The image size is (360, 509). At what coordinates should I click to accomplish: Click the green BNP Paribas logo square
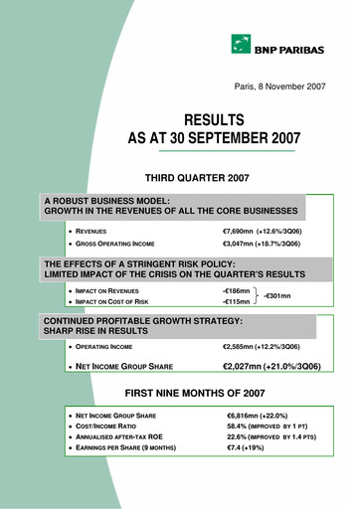[x=241, y=44]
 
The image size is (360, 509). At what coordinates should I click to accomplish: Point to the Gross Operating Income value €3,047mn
[x=246, y=243]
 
